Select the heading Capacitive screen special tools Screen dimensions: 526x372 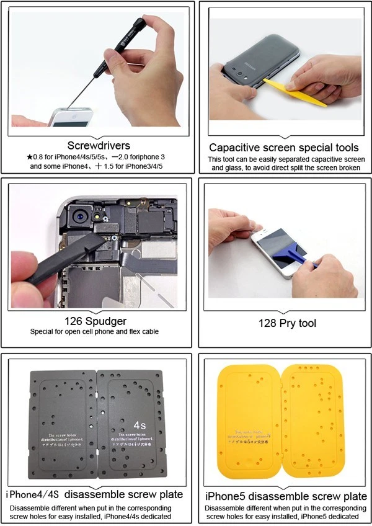point(283,148)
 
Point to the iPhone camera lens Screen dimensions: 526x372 point(80,218)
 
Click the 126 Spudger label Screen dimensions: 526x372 point(95,321)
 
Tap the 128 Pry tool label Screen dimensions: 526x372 point(287,323)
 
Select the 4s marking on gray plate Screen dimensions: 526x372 point(140,426)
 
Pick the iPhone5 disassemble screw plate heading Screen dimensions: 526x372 point(285,496)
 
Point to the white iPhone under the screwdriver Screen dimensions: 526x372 point(69,117)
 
